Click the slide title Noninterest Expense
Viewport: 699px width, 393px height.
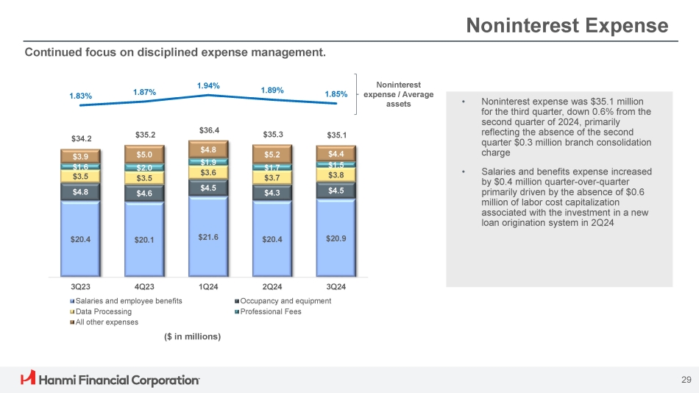[x=568, y=26]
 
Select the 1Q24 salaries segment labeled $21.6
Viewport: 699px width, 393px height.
[x=208, y=237]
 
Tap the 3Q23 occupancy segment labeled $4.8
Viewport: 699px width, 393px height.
[x=80, y=191]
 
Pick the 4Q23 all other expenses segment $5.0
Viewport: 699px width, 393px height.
[x=144, y=155]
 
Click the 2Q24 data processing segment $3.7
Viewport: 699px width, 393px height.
[x=272, y=177]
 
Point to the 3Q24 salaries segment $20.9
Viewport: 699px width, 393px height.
[x=336, y=238]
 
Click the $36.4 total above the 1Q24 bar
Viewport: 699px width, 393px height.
[x=208, y=130]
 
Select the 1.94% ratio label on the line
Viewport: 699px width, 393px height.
[x=208, y=86]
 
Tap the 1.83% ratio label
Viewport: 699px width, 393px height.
[x=80, y=96]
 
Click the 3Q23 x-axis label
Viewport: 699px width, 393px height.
[x=80, y=286]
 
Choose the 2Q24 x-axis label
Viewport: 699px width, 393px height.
[x=272, y=286]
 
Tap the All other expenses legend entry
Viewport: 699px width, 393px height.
[x=106, y=322]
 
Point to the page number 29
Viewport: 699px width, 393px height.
[x=686, y=380]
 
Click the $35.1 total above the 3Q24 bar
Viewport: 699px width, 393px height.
[x=336, y=135]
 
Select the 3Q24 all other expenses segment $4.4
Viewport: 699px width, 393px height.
[x=336, y=153]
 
